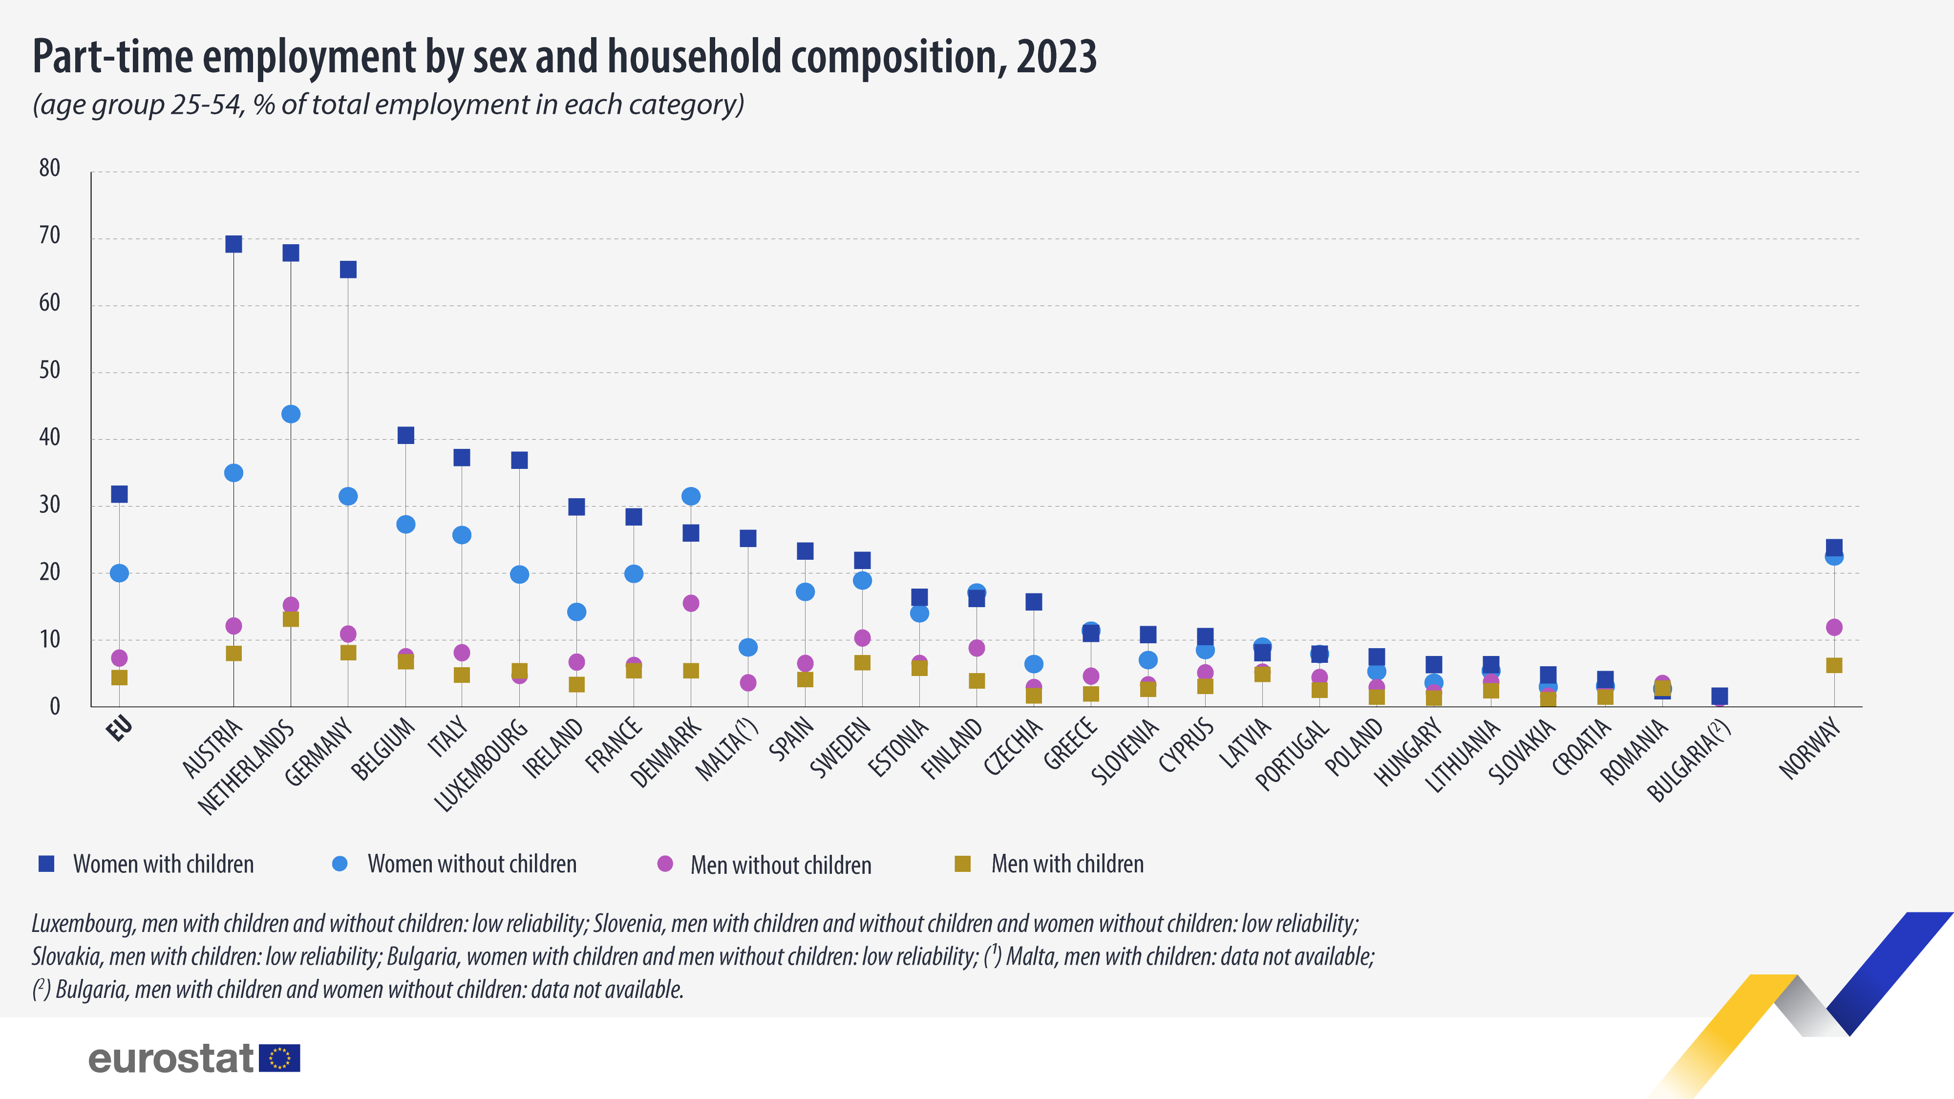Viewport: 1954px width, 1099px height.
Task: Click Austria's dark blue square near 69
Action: point(234,244)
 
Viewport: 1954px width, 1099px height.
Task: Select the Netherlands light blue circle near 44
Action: point(291,414)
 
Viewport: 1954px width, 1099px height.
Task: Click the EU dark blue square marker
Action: point(119,494)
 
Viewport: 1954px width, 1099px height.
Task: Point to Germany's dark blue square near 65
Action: point(348,270)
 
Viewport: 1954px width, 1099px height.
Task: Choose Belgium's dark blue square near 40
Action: point(406,435)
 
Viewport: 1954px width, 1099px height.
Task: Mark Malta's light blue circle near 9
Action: point(748,648)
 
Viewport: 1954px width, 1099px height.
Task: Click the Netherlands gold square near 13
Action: point(291,619)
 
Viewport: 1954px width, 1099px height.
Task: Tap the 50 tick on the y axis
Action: point(49,371)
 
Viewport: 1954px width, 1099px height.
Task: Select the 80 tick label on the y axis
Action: point(49,169)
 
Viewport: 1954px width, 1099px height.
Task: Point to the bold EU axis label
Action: point(120,729)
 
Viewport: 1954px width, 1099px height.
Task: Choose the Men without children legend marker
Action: point(665,864)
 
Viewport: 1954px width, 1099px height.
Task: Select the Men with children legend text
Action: point(1067,864)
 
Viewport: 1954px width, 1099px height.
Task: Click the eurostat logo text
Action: point(170,1058)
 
